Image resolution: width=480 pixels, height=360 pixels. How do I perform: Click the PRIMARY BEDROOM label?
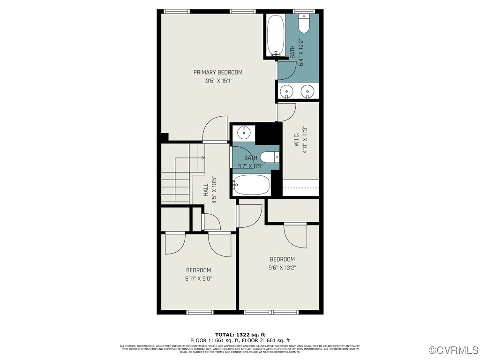click(218, 72)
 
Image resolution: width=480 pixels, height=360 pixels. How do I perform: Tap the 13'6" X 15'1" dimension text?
click(218, 81)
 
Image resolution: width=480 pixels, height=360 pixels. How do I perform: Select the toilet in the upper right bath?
click(304, 24)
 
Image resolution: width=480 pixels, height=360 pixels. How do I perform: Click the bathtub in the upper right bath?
click(275, 36)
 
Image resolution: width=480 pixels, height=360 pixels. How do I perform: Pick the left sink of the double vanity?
click(286, 90)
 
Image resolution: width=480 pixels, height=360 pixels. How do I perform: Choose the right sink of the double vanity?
click(307, 90)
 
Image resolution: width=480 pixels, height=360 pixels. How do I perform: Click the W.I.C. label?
click(296, 140)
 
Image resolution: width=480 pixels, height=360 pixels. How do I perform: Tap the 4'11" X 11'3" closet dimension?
click(305, 140)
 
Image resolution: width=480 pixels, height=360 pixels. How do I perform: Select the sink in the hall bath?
click(243, 133)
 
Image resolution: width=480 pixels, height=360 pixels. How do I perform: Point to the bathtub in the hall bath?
click(252, 185)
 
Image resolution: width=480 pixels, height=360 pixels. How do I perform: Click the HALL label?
click(205, 190)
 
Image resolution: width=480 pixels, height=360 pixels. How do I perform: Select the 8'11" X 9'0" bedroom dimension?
click(198, 278)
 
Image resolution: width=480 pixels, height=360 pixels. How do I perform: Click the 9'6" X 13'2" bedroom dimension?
click(282, 268)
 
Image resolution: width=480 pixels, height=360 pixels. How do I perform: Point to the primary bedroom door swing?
click(215, 129)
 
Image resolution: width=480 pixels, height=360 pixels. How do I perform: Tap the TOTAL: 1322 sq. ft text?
click(240, 335)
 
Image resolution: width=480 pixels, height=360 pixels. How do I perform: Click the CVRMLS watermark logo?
click(454, 350)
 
